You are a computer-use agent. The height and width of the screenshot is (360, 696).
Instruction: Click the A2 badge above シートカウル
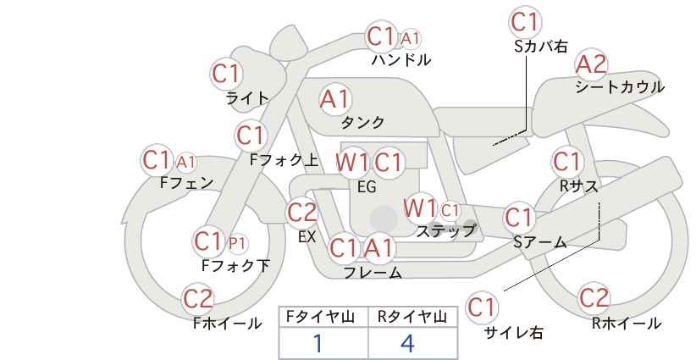tap(591, 65)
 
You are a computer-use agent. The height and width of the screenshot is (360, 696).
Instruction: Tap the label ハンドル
tap(401, 60)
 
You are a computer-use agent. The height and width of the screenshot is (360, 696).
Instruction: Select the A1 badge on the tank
tap(335, 99)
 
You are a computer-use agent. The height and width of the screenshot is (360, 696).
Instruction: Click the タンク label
tap(362, 123)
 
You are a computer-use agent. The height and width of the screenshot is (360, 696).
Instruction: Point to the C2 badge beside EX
tap(302, 213)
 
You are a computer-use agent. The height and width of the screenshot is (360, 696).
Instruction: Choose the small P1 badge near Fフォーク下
tap(237, 243)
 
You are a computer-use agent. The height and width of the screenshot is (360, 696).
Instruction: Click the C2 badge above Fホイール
tap(198, 299)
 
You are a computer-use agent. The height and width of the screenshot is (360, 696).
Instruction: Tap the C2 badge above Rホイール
tap(594, 298)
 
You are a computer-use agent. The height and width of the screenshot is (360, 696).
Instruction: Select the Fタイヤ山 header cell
tap(323, 317)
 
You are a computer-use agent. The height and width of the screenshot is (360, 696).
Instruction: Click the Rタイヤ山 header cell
tap(413, 317)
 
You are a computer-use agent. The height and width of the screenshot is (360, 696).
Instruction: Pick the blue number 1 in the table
tap(318, 343)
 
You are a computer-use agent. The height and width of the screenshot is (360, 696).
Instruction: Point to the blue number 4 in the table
tap(407, 343)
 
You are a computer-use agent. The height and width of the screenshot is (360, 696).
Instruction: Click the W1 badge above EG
tap(352, 163)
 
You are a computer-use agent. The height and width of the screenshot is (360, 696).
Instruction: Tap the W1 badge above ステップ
tap(420, 208)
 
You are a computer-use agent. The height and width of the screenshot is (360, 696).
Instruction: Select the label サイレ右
tap(514, 333)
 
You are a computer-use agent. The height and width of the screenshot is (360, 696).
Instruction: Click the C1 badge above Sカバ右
tap(525, 22)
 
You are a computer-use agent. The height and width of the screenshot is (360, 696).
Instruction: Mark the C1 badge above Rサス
tap(566, 162)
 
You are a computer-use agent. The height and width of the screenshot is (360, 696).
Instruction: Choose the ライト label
tap(247, 98)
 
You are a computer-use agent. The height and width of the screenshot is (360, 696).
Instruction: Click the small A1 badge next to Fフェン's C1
tap(186, 163)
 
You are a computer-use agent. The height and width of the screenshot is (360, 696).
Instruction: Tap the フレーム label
tap(373, 273)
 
